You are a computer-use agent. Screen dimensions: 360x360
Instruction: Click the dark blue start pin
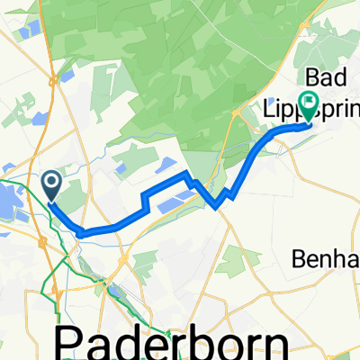pyautogui.click(x=51, y=185)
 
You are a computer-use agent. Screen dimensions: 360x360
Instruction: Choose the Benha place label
pyautogui.click(x=326, y=259)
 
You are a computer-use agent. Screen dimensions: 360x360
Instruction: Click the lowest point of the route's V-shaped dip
pyautogui.click(x=217, y=206)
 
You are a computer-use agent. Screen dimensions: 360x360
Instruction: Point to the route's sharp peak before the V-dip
pyautogui.click(x=185, y=172)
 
